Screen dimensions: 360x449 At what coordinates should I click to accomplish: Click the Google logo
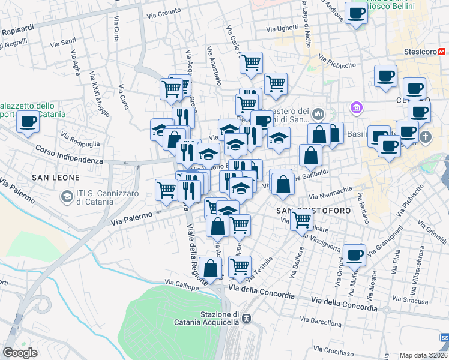tap(20, 353)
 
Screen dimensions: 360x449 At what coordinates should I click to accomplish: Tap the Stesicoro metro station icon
tap(442, 52)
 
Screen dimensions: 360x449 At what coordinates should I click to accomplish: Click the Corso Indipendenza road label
tap(68, 155)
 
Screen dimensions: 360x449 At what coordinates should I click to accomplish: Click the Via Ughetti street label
tap(283, 28)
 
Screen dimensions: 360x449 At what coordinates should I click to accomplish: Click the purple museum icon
tap(357, 108)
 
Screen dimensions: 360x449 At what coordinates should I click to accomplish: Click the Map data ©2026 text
tap(422, 355)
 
